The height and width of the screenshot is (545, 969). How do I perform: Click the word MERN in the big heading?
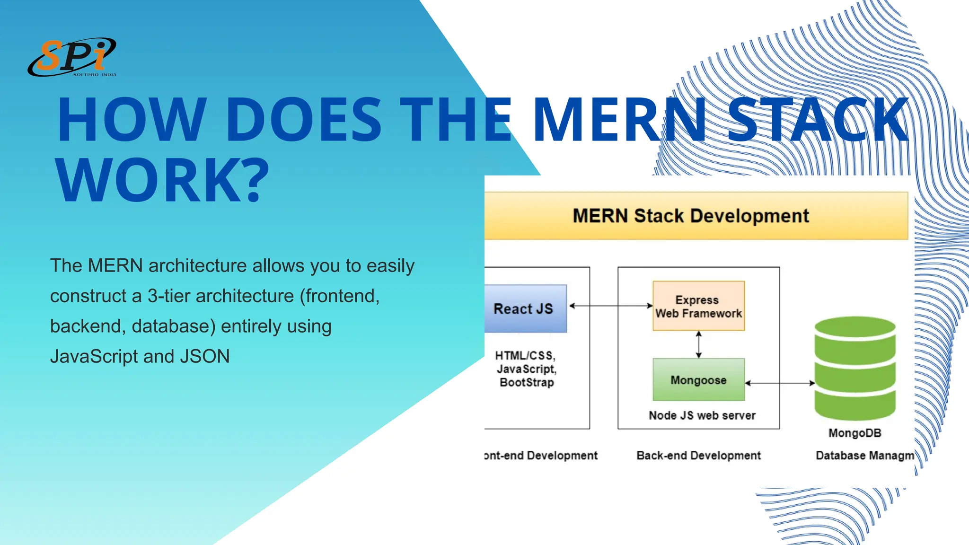620,119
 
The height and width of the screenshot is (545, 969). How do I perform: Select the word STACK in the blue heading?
818,119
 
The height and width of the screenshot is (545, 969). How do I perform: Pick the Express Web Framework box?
698,306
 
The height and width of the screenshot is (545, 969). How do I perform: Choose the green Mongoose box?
698,380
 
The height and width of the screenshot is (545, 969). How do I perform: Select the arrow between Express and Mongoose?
699,344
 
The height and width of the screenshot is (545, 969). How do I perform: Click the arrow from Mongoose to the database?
780,383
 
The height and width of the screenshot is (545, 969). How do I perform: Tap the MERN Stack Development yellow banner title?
690,216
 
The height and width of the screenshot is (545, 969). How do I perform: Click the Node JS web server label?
702,415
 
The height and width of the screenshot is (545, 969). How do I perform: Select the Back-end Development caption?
698,455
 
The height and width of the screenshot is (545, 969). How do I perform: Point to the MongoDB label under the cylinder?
854,433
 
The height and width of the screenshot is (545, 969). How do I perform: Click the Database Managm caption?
864,455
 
